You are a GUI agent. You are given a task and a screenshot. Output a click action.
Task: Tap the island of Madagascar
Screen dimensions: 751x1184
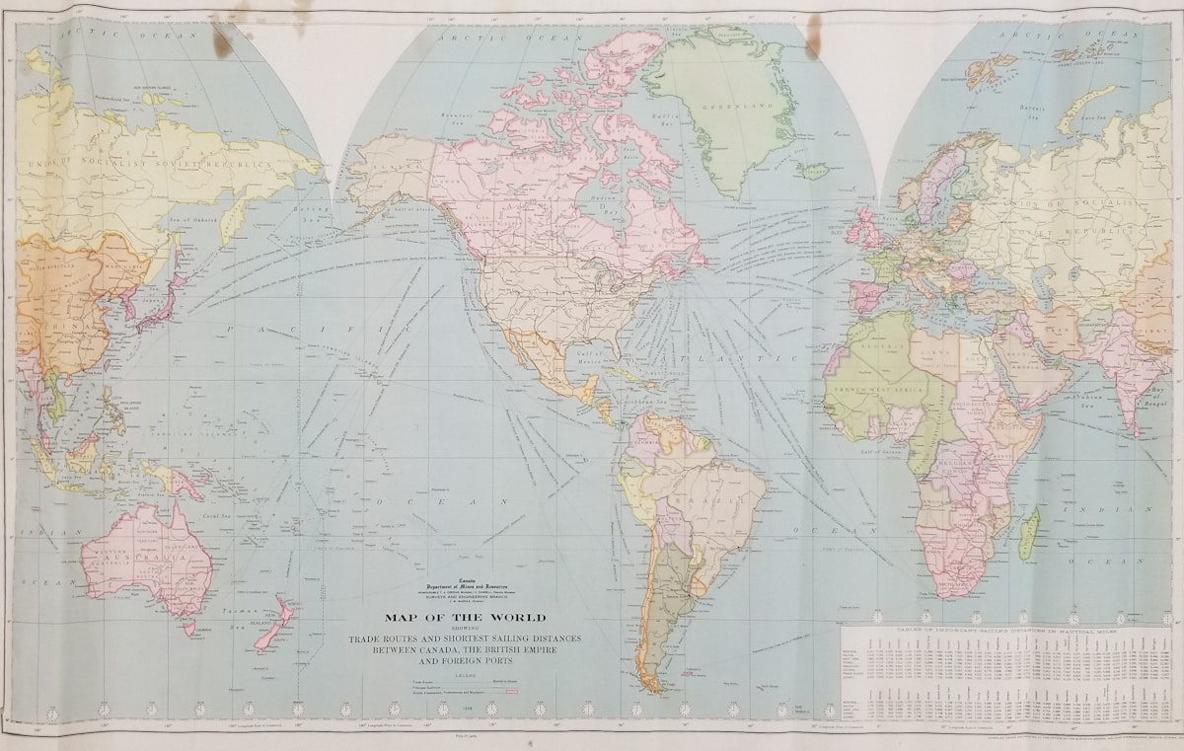coord(1028,533)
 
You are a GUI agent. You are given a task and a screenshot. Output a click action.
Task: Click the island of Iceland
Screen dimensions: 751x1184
coord(815,171)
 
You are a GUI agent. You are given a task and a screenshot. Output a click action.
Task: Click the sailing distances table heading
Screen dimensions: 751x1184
coord(1006,628)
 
